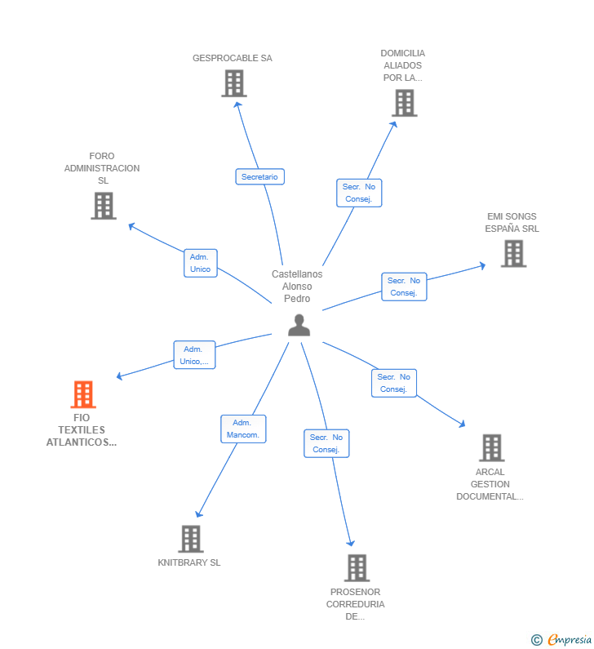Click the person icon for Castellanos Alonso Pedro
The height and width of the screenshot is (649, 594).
click(299, 325)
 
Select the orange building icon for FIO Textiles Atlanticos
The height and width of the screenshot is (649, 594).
click(83, 394)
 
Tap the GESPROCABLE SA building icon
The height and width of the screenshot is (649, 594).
click(234, 83)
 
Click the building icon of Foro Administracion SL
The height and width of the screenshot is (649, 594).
click(104, 206)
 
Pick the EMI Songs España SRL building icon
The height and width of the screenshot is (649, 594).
click(513, 253)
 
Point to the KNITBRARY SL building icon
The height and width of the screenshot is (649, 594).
click(191, 539)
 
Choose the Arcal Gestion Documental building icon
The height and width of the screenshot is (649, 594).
click(491, 447)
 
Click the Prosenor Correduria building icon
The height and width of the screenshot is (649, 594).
click(357, 567)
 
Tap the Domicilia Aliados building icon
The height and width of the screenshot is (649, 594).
click(404, 103)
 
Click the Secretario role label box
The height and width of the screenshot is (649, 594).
click(260, 176)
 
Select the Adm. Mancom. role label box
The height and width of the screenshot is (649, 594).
click(243, 429)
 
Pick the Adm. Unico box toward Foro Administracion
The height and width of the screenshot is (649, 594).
click(201, 263)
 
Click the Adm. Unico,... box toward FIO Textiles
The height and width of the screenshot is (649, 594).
click(194, 355)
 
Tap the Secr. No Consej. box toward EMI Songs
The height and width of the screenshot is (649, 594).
click(404, 287)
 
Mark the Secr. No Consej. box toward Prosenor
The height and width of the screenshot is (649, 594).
click(326, 443)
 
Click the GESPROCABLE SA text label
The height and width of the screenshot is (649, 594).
click(233, 58)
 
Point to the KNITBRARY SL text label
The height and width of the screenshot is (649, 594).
click(189, 562)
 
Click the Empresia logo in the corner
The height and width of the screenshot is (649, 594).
click(561, 639)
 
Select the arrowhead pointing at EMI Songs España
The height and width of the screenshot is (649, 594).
click(482, 265)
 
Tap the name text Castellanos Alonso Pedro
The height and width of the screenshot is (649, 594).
click(297, 286)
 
